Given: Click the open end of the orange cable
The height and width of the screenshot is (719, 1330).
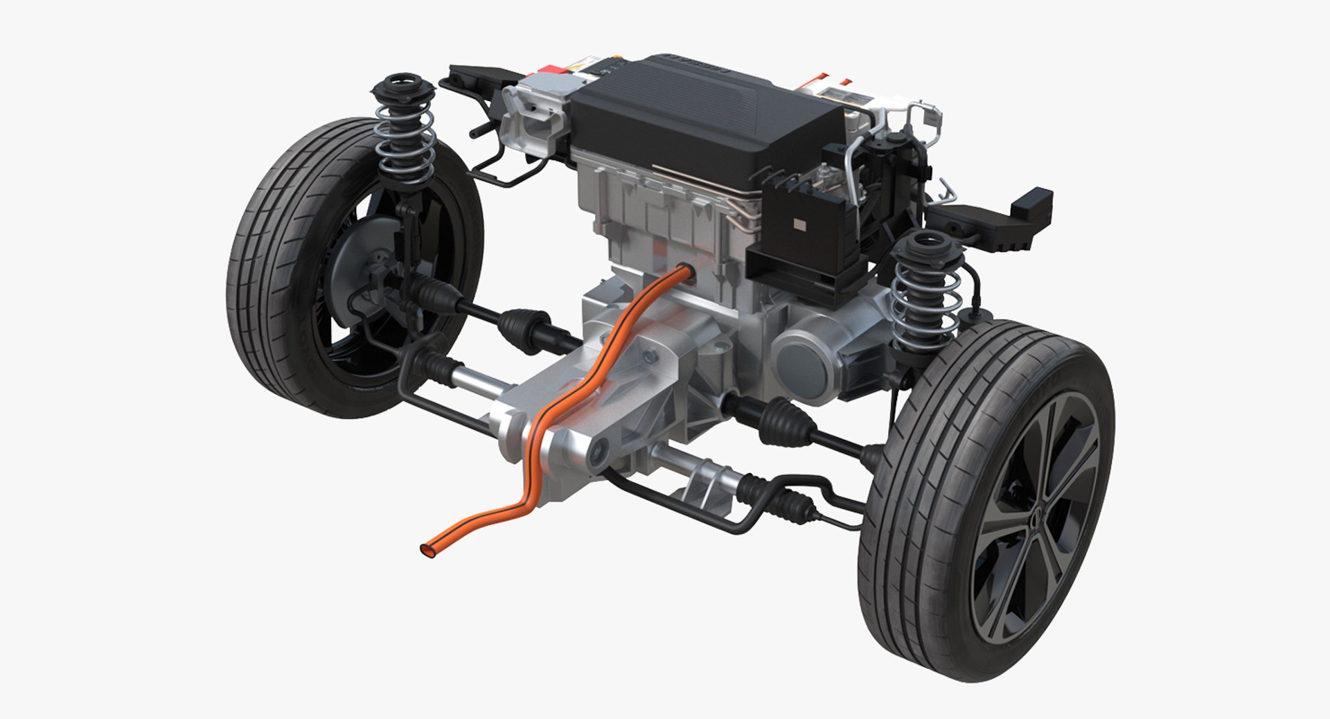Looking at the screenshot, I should click(x=425, y=549).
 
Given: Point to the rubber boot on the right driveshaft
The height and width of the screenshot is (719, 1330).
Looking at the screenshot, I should click(x=783, y=419).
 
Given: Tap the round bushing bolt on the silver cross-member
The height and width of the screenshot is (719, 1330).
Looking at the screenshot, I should click(x=596, y=454).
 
